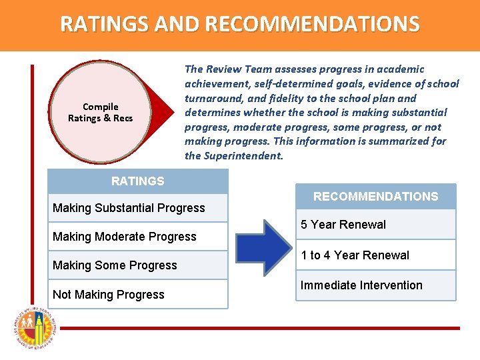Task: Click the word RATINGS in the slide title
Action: pyautogui.click(x=105, y=25)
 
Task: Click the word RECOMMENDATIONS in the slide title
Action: pyautogui.click(x=313, y=25)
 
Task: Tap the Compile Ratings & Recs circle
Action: pyautogui.click(x=100, y=112)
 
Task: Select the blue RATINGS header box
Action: pyautogui.click(x=138, y=181)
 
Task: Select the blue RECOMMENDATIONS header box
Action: pyautogui.click(x=376, y=197)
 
